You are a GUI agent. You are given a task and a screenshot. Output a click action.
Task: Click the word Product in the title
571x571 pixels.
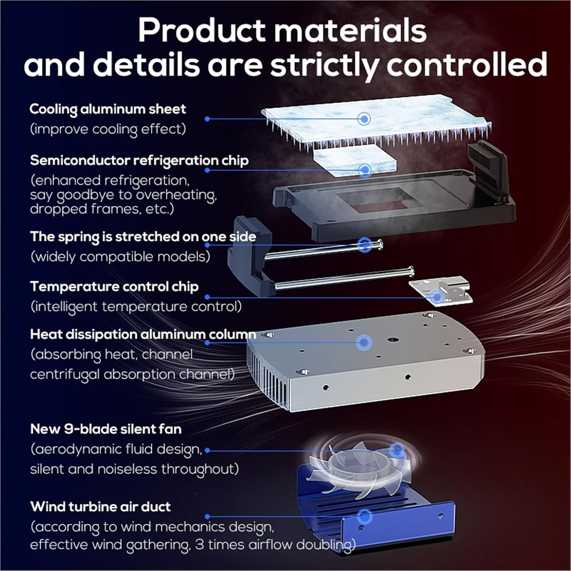point(202,31)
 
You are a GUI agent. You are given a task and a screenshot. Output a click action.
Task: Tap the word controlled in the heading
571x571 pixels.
point(467,64)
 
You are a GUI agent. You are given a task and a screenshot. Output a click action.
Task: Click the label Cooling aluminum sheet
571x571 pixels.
point(108,109)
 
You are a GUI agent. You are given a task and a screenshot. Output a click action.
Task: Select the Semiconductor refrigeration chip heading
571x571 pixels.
point(139,161)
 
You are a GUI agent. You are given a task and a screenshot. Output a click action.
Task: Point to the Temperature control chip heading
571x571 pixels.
point(114,286)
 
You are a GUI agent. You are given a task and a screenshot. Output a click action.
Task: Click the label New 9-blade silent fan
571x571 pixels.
point(106,429)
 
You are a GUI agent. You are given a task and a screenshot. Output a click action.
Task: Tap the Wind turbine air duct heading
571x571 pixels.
point(100,507)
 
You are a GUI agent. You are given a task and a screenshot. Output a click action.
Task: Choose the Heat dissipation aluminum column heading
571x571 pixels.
point(143,335)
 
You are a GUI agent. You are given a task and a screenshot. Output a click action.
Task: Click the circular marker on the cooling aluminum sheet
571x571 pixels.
point(364,119)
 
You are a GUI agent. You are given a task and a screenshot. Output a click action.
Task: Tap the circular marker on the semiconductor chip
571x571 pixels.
point(365,170)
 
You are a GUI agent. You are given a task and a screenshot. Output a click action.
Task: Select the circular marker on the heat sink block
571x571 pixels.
point(364,343)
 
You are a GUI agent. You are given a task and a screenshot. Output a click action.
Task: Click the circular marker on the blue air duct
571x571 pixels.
point(364,517)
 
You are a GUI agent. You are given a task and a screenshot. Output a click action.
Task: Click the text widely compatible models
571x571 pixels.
point(120,256)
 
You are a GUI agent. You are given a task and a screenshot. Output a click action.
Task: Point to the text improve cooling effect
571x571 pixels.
point(108,129)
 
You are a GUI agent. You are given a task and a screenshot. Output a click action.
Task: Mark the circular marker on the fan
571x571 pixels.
point(396,450)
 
